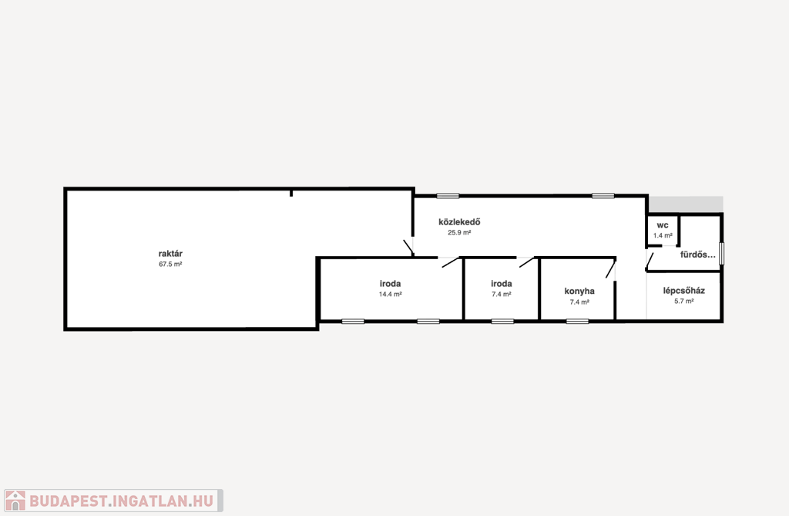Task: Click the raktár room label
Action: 170,254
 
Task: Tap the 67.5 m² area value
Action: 170,264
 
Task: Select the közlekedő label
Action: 459,221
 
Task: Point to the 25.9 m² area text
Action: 459,233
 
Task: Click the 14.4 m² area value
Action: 390,295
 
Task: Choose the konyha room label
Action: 579,292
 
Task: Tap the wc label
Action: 662,225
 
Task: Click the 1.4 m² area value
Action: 663,235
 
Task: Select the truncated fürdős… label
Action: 697,255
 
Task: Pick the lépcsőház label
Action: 684,291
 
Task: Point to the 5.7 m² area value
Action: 684,302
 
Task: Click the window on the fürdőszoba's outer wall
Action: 721,254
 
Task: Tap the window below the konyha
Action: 577,321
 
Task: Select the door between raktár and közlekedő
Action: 408,247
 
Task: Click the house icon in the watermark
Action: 15,501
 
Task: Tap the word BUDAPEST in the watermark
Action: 68,501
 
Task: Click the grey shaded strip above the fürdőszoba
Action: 685,204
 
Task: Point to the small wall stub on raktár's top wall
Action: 290,193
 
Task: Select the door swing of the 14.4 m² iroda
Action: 452,262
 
